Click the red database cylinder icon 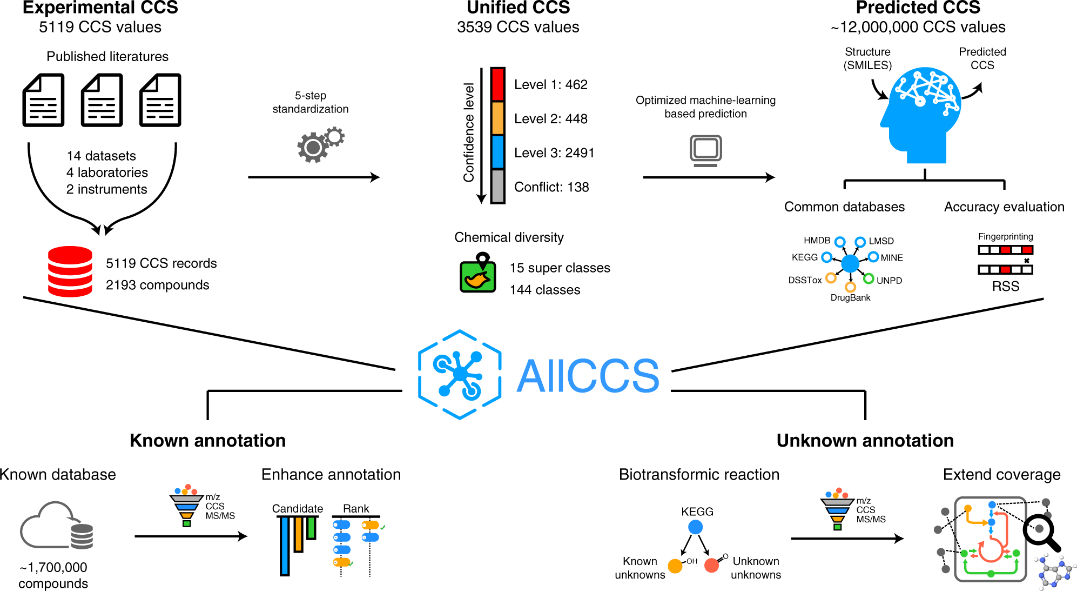click(70, 271)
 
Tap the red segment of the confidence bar click(497, 84)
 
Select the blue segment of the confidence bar click(497, 152)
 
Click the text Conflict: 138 click(551, 187)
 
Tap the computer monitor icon click(705, 150)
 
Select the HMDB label click(817, 241)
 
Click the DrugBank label click(850, 297)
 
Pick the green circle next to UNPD click(869, 279)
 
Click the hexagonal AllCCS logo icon click(460, 374)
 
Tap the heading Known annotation click(207, 441)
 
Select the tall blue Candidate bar click(285, 546)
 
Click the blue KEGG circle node click(696, 527)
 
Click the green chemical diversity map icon click(477, 275)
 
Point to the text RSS click(1005, 287)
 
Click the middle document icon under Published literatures click(102, 101)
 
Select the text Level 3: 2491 click(554, 153)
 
